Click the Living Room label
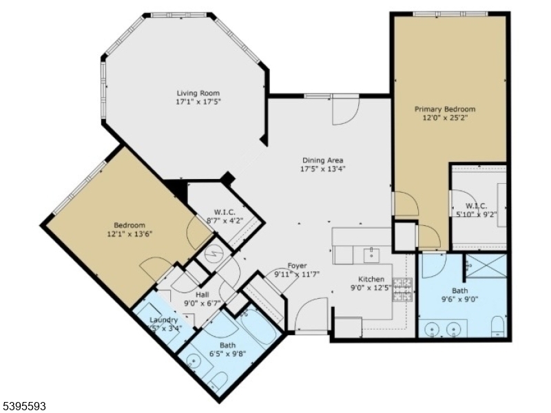[198, 94]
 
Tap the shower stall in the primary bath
[486, 266]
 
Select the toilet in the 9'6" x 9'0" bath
[498, 328]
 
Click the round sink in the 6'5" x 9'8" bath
[193, 361]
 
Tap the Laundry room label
[164, 320]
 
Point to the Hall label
[183, 295]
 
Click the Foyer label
[297, 266]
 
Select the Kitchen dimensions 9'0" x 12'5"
[371, 288]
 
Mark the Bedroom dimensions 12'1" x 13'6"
[129, 234]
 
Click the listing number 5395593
[24, 407]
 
